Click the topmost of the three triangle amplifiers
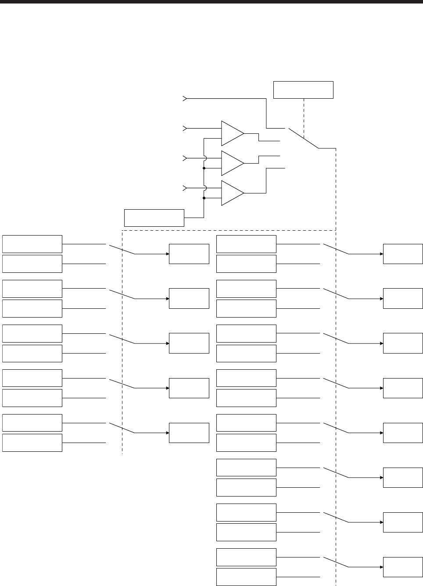tap(232, 133)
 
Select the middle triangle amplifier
tap(232, 163)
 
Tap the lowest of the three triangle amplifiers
tap(232, 193)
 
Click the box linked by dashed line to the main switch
tap(303, 90)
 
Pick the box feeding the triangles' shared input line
tap(154, 218)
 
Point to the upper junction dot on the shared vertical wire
tap(204, 168)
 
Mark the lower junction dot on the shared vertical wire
tap(204, 198)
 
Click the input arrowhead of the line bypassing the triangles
tap(185, 99)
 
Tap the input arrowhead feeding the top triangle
tap(185, 129)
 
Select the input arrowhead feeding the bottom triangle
tap(185, 188)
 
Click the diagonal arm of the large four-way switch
tap(303, 138)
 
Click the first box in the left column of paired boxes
tap(32, 244)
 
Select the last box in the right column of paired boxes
tap(246, 577)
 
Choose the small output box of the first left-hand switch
tap(189, 254)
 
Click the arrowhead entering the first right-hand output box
tap(381, 254)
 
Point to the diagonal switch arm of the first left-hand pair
tap(122, 249)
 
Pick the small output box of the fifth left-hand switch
tap(189, 433)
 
